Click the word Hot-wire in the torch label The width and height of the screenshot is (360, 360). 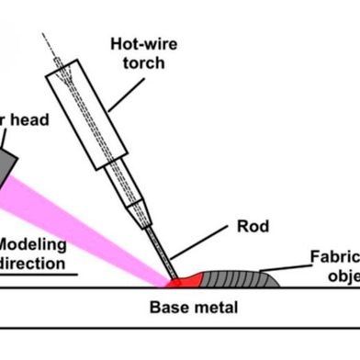(x=143, y=43)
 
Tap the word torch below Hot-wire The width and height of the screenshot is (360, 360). (x=143, y=62)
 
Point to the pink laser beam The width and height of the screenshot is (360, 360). (x=92, y=220)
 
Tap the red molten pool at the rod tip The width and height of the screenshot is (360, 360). (x=185, y=276)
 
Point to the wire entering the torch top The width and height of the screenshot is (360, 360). (x=51, y=46)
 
